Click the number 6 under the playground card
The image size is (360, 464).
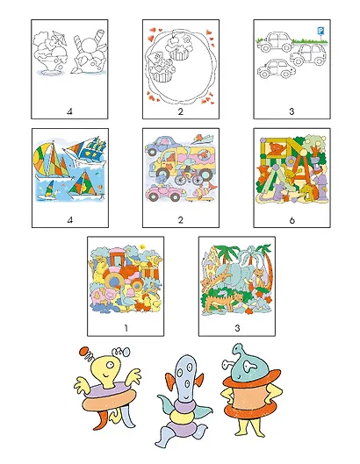[x=292, y=220]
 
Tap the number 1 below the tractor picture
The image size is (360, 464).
[x=126, y=328]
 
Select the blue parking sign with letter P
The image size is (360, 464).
[x=320, y=31]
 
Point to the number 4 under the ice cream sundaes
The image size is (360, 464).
[x=69, y=111]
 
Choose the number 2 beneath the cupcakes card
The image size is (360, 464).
[x=181, y=111]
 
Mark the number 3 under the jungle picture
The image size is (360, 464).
[x=237, y=328]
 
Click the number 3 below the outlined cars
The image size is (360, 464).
[x=292, y=111]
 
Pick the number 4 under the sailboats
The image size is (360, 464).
[x=70, y=220]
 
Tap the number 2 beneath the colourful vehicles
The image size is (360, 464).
[x=181, y=220]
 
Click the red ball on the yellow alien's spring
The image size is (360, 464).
[x=83, y=351]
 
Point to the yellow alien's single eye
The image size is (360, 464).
[x=111, y=365]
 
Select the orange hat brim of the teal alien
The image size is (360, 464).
[x=251, y=378]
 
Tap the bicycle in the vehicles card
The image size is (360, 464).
[x=188, y=177]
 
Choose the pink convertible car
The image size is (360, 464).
[x=165, y=192]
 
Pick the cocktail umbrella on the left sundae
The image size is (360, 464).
[x=58, y=38]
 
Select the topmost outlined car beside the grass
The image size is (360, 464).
[x=275, y=42]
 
